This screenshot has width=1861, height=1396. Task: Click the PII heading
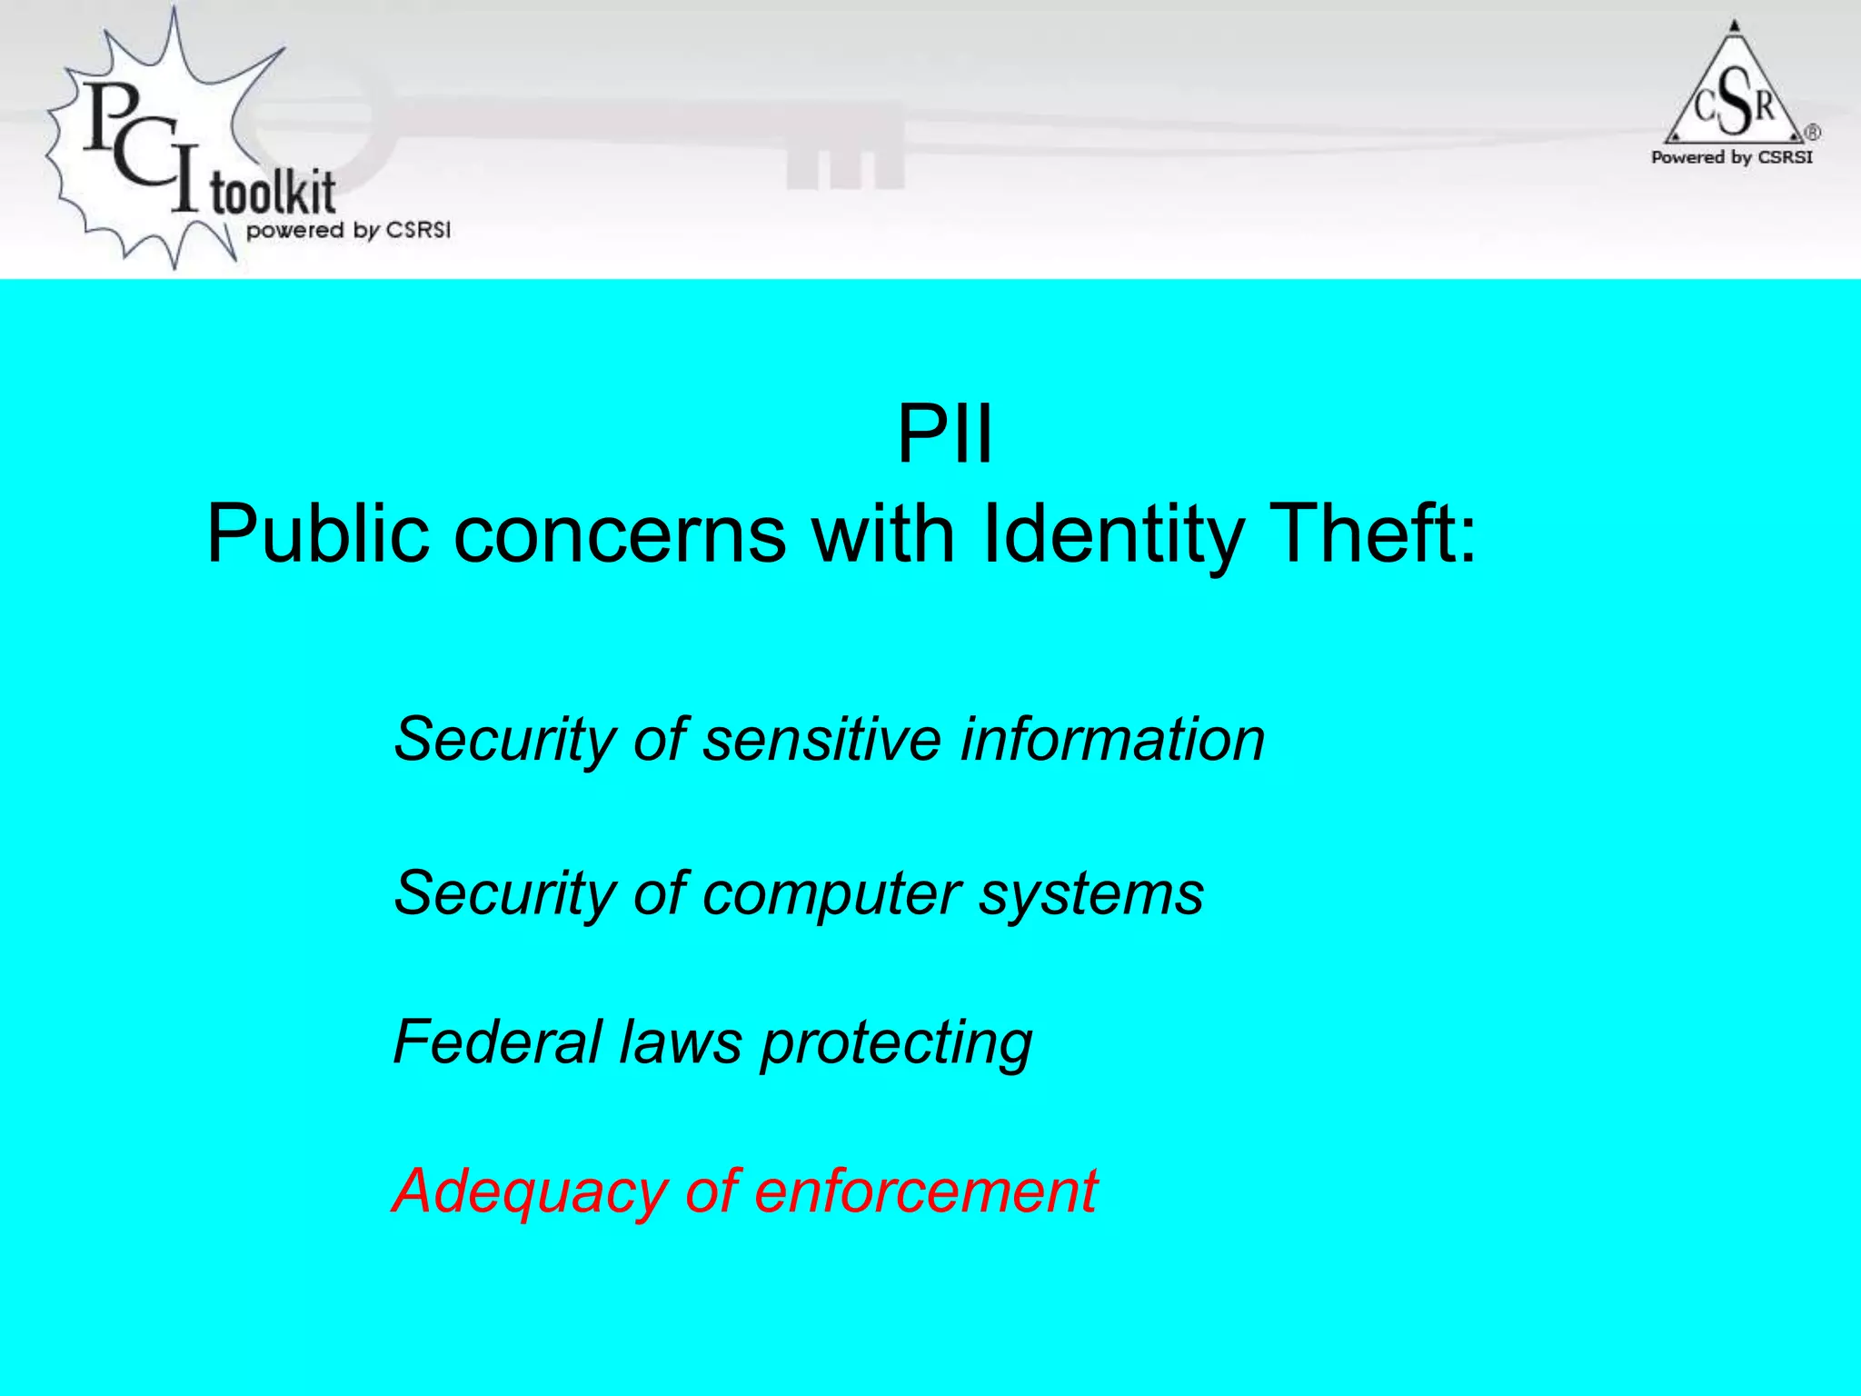(944, 434)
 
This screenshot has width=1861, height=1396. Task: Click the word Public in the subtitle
(317, 534)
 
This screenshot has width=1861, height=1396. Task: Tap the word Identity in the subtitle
(1113, 534)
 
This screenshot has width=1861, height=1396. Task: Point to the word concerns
(619, 534)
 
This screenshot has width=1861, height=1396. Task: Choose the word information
(1112, 738)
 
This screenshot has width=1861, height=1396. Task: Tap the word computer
(831, 893)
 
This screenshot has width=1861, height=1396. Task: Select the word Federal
(496, 1042)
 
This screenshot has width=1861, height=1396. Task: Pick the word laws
(681, 1042)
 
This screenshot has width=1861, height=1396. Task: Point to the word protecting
(896, 1043)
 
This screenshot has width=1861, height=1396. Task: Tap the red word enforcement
(926, 1191)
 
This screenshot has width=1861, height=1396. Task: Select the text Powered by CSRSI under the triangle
(1732, 157)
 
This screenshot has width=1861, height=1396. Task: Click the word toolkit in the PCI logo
(273, 193)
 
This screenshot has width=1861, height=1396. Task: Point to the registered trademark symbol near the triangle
(1812, 133)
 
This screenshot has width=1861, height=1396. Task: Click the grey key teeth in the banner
(845, 168)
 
